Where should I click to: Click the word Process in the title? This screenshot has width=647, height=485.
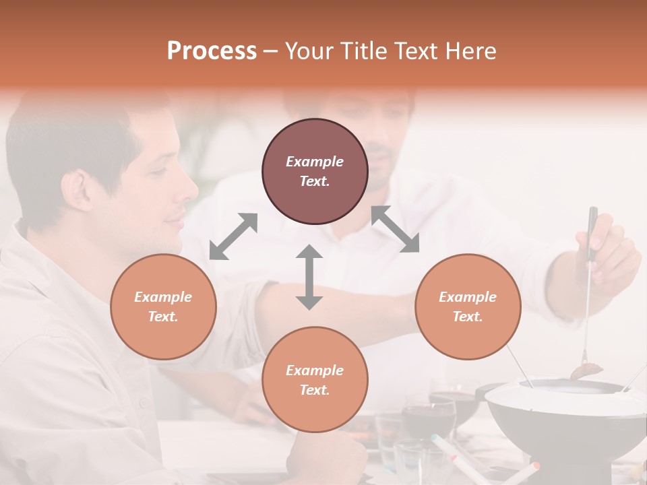212,51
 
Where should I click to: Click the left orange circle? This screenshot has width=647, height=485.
163,306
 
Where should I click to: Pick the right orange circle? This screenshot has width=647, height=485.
468,306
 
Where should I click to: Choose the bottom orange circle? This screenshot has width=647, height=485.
315,379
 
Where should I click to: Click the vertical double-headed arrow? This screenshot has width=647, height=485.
309,277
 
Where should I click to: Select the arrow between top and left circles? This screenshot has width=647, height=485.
233,236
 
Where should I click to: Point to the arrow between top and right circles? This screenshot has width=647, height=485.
395,229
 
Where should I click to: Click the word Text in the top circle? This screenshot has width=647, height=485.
315,181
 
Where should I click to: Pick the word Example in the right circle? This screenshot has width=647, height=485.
468,297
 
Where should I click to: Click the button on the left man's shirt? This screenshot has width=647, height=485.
142,403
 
